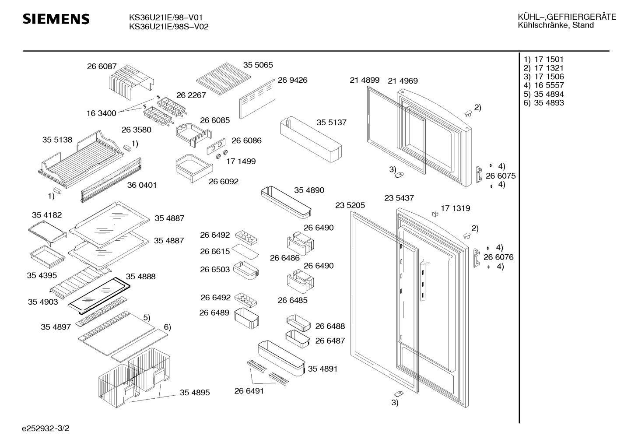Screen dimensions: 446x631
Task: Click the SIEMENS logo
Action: pos(56,19)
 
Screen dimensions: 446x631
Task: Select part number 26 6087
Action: pos(102,67)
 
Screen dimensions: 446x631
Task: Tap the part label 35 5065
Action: pos(258,65)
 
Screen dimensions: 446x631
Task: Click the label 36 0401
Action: pos(142,185)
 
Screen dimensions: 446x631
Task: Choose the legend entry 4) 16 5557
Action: pos(544,85)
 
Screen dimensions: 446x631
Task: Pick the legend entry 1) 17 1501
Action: pos(544,59)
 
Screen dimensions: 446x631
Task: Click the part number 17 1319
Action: pos(455,208)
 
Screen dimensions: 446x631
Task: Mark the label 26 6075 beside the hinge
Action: pos(501,176)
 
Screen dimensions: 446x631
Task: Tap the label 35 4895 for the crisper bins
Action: pos(195,393)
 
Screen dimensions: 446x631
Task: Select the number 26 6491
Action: pos(249,391)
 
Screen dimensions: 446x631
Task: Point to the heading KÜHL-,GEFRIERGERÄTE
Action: pos(567,17)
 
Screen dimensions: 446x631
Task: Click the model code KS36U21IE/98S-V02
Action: pos(168,27)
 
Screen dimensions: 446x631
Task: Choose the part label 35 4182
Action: pos(47,215)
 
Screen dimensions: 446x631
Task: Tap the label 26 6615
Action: pos(215,251)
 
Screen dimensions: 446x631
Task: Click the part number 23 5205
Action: pos(350,205)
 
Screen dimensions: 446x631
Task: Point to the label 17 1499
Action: pos(241,161)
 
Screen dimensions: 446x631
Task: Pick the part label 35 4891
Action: pos(323,369)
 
